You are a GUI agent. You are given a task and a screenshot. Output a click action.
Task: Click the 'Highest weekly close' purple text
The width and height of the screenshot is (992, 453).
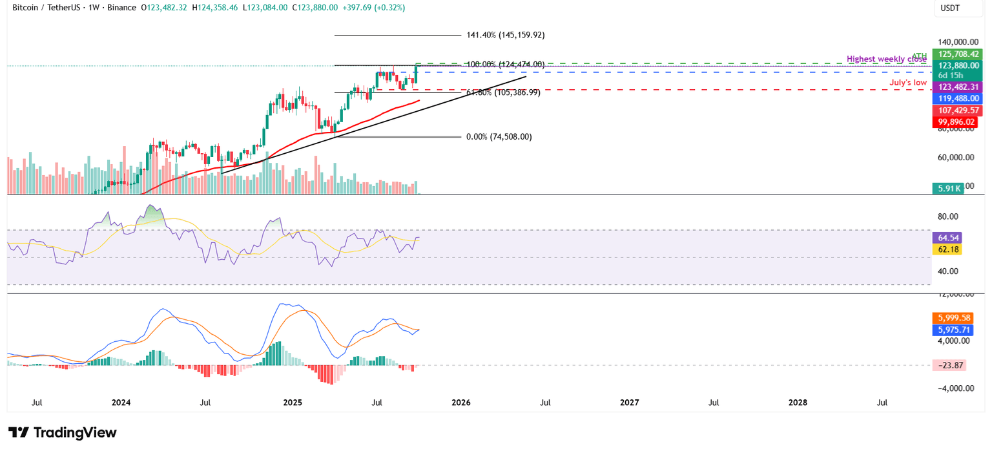click(x=886, y=59)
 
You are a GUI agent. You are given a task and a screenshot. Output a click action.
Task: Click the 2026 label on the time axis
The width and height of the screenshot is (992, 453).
click(x=461, y=403)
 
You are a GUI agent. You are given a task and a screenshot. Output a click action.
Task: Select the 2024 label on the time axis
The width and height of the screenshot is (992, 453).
click(x=121, y=403)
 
